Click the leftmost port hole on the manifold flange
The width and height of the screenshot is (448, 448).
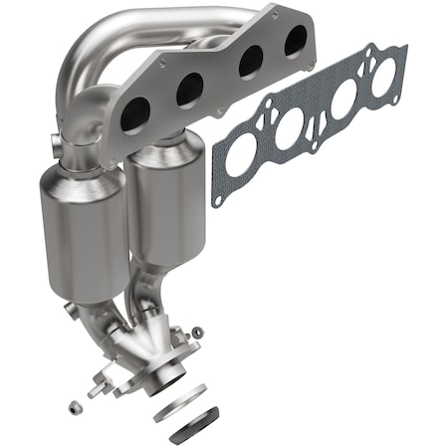point(135,115)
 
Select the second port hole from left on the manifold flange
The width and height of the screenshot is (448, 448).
point(189,91)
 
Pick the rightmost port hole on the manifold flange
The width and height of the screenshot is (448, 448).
point(295,40)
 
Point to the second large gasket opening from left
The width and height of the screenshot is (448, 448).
point(290,129)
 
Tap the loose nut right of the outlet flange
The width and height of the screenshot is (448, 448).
point(197,332)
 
